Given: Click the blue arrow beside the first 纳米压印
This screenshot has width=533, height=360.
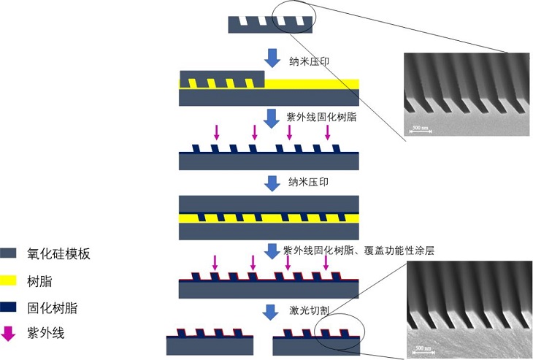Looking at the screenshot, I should [272, 58].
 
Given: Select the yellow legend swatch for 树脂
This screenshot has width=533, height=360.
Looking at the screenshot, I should [9, 281].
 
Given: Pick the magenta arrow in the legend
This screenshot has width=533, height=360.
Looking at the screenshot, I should [9, 334].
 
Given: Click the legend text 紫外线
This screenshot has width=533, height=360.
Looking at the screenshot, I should [46, 334].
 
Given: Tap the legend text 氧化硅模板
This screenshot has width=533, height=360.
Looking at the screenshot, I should [58, 254].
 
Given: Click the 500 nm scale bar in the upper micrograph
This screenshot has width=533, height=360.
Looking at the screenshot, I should [421, 130].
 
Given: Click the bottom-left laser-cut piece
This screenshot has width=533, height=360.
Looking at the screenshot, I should [210, 343].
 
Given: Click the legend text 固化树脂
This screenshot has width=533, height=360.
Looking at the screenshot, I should [52, 308].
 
